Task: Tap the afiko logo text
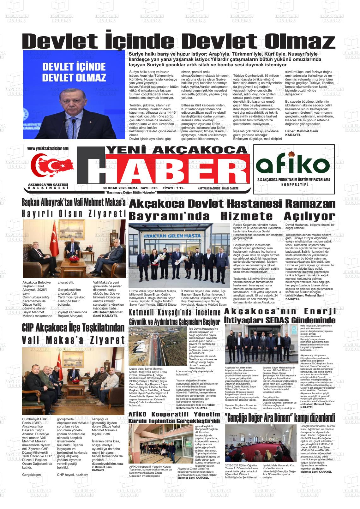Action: coord(292,164)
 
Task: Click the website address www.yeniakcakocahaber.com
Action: coord(48,149)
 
